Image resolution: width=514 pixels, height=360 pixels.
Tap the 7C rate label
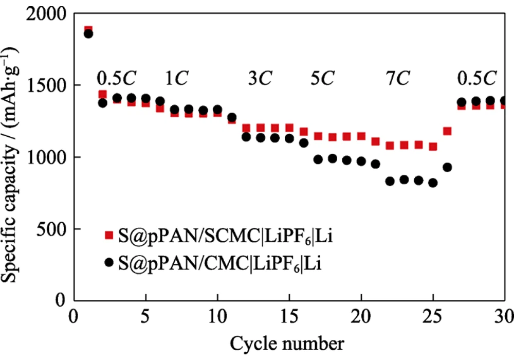397,78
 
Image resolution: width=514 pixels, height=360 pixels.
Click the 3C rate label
260,78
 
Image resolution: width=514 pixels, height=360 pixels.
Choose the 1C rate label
176,78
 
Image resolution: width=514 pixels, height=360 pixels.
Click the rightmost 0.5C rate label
477,78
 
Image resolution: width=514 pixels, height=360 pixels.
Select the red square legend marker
108,236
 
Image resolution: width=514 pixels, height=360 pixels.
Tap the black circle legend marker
108,262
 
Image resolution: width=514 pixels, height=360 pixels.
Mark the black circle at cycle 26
447,167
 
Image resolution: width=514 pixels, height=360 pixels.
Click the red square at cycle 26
447,131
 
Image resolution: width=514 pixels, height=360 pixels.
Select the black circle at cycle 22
390,181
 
